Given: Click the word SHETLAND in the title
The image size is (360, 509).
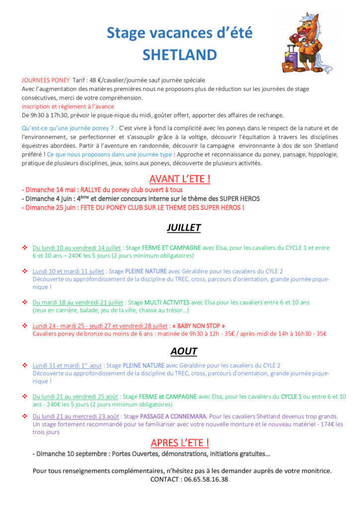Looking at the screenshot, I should pos(180,55).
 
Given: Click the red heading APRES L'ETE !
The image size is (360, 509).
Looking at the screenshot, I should pos(180,442).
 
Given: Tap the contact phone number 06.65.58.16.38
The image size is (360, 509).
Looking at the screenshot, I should pos(204,480).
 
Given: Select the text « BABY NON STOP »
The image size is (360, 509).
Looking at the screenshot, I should pos(198,326).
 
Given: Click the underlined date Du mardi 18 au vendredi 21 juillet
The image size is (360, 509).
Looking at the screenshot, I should pos(79,302).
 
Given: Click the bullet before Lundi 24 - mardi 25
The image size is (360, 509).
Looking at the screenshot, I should pos(25,326).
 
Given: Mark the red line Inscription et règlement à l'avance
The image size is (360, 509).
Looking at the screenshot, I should pos(68,106).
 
